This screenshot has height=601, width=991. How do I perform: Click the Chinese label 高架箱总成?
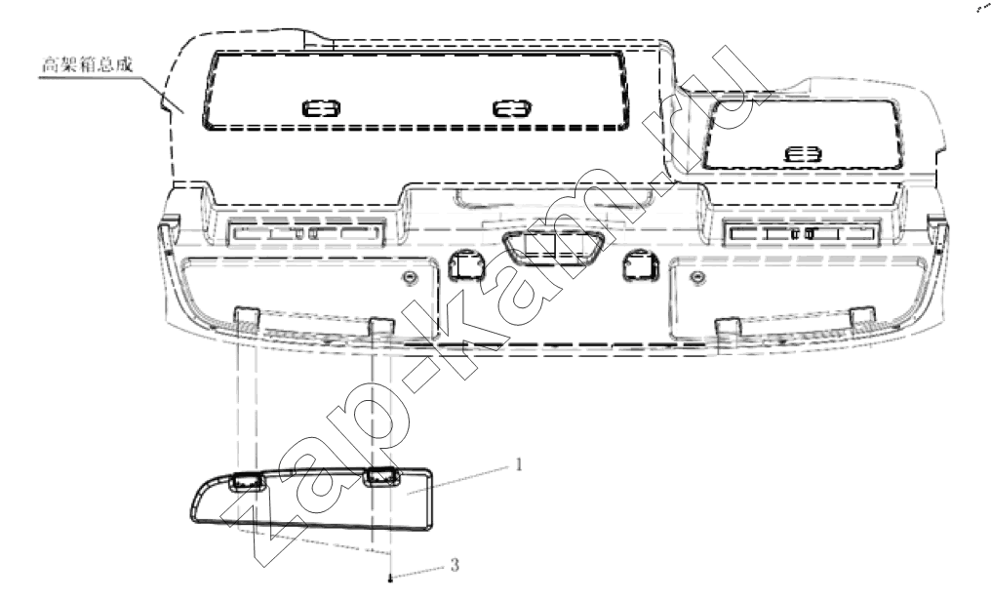[x=87, y=64]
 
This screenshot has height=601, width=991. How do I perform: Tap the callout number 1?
[x=519, y=465]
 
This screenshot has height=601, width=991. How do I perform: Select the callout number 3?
[x=455, y=564]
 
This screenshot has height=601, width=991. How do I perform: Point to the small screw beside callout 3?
[x=391, y=577]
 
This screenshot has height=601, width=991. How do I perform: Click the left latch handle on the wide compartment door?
[x=321, y=108]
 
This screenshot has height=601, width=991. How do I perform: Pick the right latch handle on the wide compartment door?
[x=511, y=108]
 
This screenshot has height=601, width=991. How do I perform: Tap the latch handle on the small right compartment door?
[x=804, y=154]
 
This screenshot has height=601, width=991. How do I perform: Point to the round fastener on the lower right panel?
[x=697, y=277]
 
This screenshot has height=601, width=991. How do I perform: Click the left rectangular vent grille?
[x=306, y=234]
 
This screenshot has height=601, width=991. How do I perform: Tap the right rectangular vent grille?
[x=802, y=234]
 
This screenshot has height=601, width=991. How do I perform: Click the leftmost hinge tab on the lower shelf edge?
[x=247, y=317]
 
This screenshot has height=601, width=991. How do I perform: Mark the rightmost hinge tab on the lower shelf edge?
[x=862, y=317]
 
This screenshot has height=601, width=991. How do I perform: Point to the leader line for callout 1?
[x=457, y=480]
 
